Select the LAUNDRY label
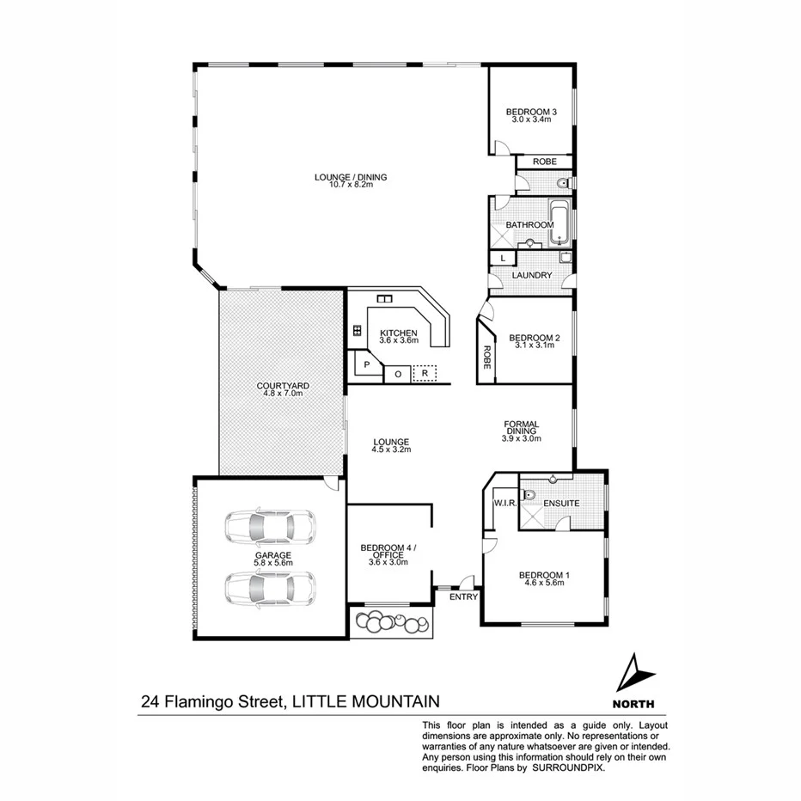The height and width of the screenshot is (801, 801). pyautogui.click(x=530, y=275)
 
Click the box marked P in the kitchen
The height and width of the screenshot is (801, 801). pyautogui.click(x=366, y=364)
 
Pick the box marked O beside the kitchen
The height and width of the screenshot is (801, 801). pyautogui.click(x=397, y=374)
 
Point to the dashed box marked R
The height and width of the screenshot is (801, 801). pyautogui.click(x=425, y=374)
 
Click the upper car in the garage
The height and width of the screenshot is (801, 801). pyautogui.click(x=269, y=528)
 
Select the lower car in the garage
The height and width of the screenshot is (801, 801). pyautogui.click(x=269, y=588)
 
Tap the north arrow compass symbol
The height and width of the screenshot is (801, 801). pyautogui.click(x=636, y=669)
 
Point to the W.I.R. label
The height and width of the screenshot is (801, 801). pyautogui.click(x=504, y=503)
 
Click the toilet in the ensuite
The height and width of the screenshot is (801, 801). pyautogui.click(x=529, y=495)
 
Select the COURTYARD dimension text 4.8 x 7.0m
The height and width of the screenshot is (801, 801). pyautogui.click(x=283, y=394)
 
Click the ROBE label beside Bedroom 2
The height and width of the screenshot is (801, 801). pyautogui.click(x=486, y=357)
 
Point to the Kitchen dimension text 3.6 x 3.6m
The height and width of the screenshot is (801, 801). pyautogui.click(x=399, y=340)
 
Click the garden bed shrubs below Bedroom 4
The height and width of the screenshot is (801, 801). pyautogui.click(x=392, y=621)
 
